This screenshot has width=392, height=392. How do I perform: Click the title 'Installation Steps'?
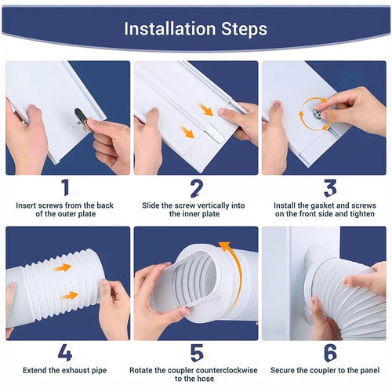point(195,29)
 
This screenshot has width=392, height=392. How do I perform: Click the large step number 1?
point(66,188)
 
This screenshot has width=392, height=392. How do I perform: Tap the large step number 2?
point(196,188)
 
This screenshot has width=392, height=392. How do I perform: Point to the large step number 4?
point(66,354)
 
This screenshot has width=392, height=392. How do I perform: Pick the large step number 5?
point(196,354)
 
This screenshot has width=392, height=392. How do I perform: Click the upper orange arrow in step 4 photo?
point(63,267)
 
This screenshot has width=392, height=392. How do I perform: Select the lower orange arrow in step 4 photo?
point(69,296)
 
